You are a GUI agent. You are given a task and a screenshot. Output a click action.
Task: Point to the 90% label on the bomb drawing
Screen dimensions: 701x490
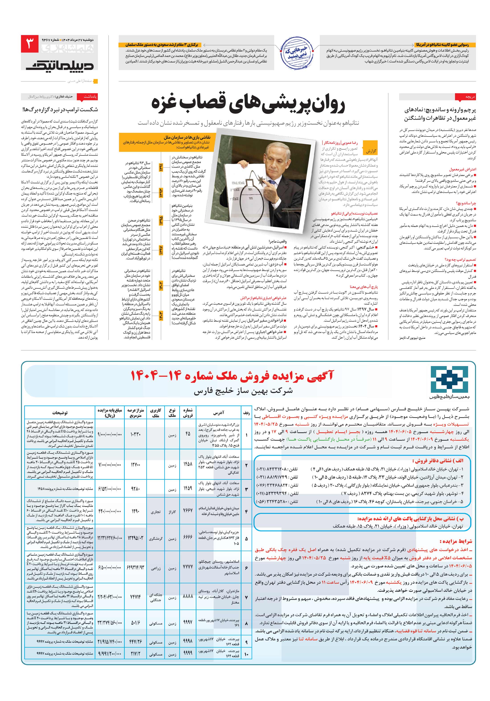tap(250, 189)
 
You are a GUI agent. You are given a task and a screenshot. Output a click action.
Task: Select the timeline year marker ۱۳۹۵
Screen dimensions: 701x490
tap(161, 220)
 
